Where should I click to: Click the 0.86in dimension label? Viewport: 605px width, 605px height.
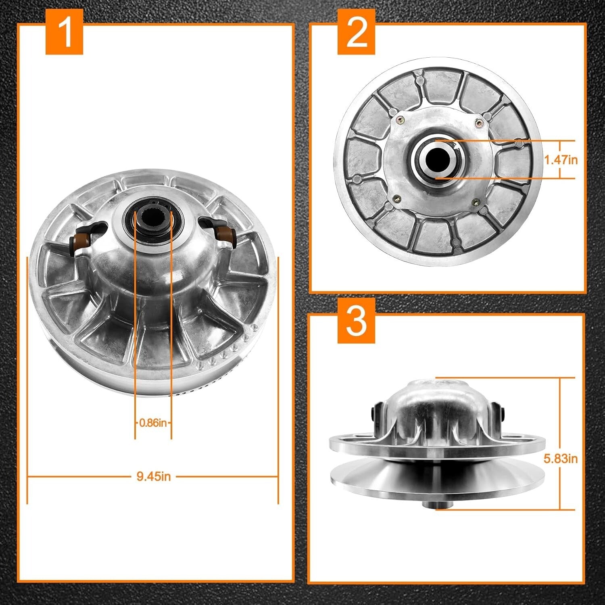pos(153,423)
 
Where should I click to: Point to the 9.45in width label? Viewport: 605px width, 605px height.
pos(153,476)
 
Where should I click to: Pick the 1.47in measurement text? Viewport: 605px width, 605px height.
pos(561,160)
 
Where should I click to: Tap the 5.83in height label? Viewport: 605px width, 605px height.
pos(561,459)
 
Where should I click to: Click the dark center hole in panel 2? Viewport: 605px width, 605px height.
pos(437,159)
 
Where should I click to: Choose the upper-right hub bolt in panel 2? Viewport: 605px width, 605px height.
pos(478,122)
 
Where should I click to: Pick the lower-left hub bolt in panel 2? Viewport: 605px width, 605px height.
pos(397,198)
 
